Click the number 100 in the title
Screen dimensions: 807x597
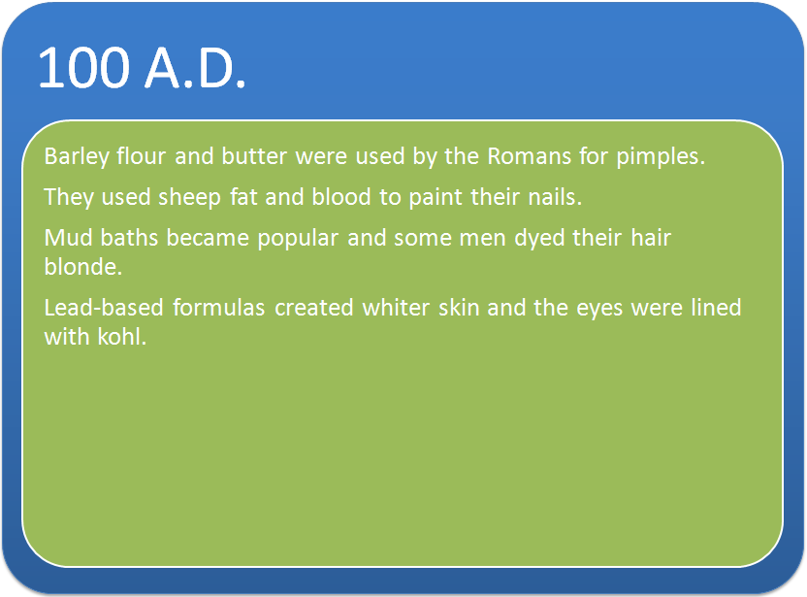point(83,68)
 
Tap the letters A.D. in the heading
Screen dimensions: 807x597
point(195,68)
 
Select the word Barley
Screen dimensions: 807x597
point(77,156)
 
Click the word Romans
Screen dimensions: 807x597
point(529,156)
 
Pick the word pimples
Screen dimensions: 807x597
point(661,157)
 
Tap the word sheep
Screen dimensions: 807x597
point(189,198)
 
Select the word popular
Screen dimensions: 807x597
point(298,239)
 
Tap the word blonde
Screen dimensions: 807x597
point(82,267)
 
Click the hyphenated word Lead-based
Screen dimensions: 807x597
point(104,308)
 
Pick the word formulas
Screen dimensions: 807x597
point(219,308)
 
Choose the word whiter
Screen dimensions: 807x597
point(396,308)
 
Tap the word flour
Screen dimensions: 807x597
point(141,156)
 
